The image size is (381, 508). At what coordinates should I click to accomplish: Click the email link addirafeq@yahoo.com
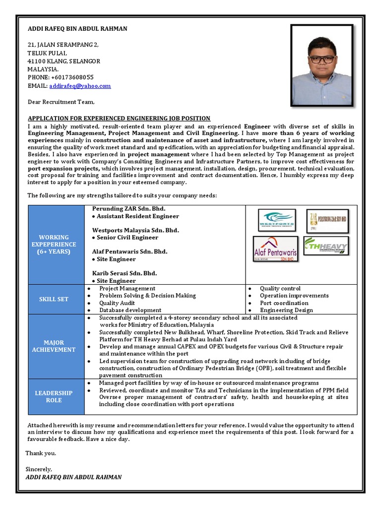tap(80, 86)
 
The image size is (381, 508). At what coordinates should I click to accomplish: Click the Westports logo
tap(277, 220)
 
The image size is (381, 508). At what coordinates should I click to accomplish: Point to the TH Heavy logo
tap(325, 246)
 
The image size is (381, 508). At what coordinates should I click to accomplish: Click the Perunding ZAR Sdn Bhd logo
tap(327, 220)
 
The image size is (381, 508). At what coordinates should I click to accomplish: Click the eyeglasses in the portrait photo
tap(321, 59)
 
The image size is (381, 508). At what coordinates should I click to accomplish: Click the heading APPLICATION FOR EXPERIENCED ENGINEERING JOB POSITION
tap(119, 118)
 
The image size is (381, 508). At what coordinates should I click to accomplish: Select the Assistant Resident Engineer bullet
tap(137, 216)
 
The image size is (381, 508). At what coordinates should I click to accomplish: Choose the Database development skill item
tap(130, 310)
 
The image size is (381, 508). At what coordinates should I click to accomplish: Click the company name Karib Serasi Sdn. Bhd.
tap(125, 273)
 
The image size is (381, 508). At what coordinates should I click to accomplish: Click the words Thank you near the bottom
tap(41, 453)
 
